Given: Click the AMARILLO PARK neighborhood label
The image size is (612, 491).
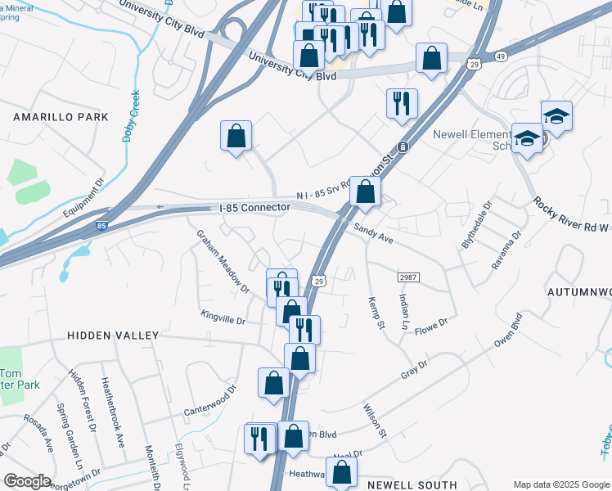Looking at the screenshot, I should (x=61, y=118).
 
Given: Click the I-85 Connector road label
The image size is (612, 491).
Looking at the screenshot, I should (x=255, y=208).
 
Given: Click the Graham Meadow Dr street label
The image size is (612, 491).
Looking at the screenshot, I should (x=222, y=261).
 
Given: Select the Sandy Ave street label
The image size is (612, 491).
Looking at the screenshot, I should (x=373, y=234).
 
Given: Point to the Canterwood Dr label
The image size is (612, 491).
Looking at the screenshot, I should (x=209, y=399).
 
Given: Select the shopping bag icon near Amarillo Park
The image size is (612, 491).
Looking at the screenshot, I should (x=236, y=137).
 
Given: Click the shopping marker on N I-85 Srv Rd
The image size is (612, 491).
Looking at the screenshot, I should (x=365, y=191).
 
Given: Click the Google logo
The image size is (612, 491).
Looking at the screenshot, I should (x=27, y=481).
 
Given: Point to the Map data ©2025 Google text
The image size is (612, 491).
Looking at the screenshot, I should (x=560, y=484).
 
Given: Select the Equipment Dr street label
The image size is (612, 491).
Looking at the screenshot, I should (x=85, y=196).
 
